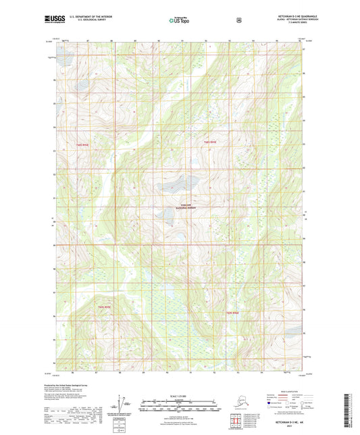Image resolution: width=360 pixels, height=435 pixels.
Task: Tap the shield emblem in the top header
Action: click(238, 20)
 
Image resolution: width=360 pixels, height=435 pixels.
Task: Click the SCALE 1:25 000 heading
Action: click(180, 394)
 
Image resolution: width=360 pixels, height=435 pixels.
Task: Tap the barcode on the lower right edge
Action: click(353, 409)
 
